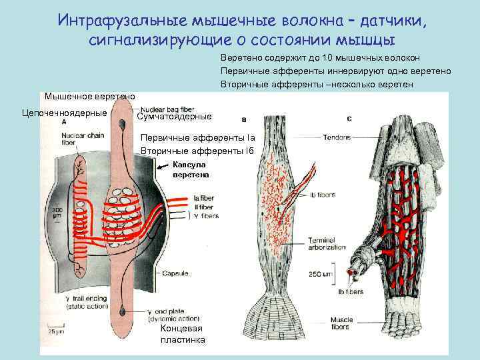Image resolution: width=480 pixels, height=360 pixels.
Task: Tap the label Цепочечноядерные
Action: click(x=65, y=113)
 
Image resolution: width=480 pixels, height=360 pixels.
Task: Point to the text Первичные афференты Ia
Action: click(x=198, y=138)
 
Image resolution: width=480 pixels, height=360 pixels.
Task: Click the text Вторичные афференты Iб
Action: click(x=197, y=151)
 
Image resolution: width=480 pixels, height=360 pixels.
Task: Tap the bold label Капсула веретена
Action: click(x=191, y=169)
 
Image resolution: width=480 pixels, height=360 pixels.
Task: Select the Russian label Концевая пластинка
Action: click(x=183, y=335)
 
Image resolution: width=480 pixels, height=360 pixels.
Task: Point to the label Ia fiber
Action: click(x=205, y=198)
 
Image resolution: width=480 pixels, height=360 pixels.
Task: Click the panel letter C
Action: click(x=350, y=118)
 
